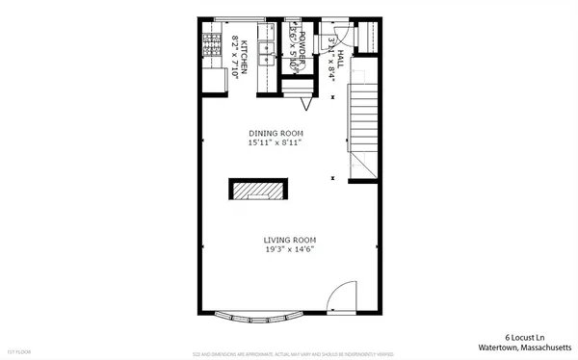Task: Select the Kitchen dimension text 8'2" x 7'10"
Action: point(235,58)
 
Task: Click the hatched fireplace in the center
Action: point(256,190)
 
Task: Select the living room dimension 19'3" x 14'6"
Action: point(290,249)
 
